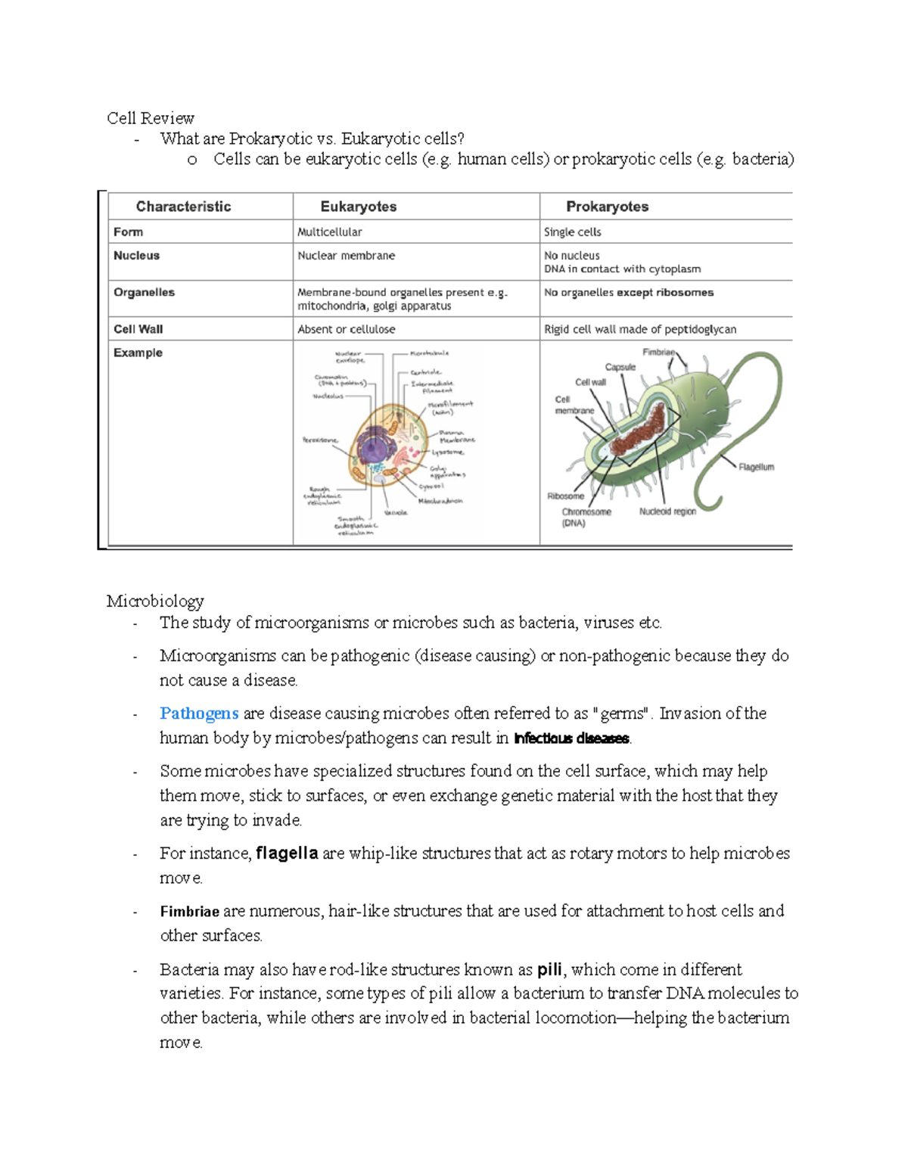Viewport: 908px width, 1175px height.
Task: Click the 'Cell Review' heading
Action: [x=150, y=118]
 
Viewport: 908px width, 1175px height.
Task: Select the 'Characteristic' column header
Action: [x=183, y=207]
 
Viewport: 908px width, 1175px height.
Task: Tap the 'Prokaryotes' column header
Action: [x=607, y=207]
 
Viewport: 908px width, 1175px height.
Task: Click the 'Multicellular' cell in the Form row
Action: [x=329, y=232]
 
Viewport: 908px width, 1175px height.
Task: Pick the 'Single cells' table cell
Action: [x=572, y=232]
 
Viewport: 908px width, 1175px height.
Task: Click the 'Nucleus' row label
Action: [x=136, y=256]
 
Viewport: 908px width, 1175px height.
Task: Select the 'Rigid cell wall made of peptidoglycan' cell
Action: [x=639, y=329]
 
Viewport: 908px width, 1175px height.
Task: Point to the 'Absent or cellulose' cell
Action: [x=346, y=329]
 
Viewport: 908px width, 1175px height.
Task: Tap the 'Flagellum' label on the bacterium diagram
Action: [x=756, y=467]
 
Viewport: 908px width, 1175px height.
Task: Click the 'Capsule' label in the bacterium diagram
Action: [x=620, y=367]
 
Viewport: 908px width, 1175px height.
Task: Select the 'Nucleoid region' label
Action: [x=667, y=511]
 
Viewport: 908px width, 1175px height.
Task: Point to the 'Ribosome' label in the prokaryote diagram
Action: [x=565, y=496]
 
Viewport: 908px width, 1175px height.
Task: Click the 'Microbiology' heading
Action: [x=155, y=601]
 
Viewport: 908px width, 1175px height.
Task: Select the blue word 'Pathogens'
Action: [x=199, y=713]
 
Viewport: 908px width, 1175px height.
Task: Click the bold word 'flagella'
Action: [x=287, y=853]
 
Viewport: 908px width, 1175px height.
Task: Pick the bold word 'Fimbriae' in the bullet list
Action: [x=189, y=912]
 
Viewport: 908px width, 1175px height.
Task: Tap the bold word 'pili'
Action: [x=549, y=970]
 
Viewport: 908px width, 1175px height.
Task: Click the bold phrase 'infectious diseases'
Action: [x=571, y=738]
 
